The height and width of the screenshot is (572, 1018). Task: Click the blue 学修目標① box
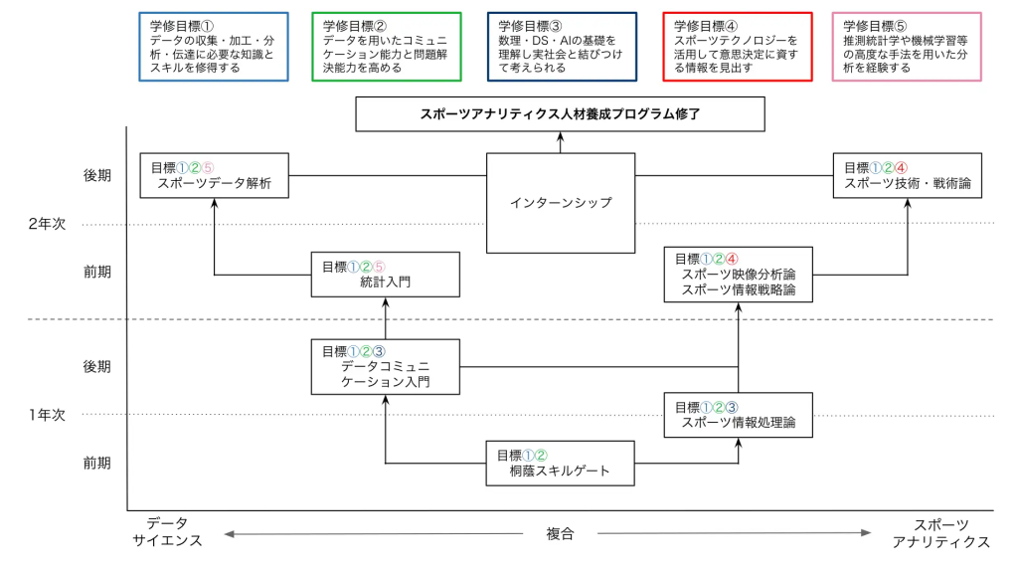coord(214,47)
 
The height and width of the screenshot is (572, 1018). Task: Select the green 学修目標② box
coord(387,47)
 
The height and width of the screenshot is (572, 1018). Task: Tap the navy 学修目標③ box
coord(562,47)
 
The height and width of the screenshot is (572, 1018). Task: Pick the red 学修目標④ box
coord(737,47)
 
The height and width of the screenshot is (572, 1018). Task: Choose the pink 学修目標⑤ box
coord(907,47)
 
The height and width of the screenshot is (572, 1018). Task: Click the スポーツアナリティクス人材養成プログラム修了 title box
coord(560,114)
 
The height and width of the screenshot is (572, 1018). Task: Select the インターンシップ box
coord(560,203)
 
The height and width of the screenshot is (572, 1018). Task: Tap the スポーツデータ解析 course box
coord(214,176)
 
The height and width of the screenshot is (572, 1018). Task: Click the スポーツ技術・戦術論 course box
coord(907,176)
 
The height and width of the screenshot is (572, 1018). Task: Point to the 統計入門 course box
coord(385,275)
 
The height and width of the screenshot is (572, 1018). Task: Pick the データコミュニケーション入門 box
coord(385,366)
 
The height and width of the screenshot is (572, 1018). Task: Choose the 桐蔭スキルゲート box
coord(560,463)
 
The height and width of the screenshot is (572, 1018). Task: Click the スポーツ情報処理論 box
coord(738,415)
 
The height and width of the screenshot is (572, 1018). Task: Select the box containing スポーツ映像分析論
coord(738,275)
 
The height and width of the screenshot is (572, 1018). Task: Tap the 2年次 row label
coord(47,225)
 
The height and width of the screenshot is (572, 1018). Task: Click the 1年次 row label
coord(47,415)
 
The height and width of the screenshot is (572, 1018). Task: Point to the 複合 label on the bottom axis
coord(560,534)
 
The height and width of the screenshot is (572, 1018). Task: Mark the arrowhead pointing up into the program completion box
coord(560,135)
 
